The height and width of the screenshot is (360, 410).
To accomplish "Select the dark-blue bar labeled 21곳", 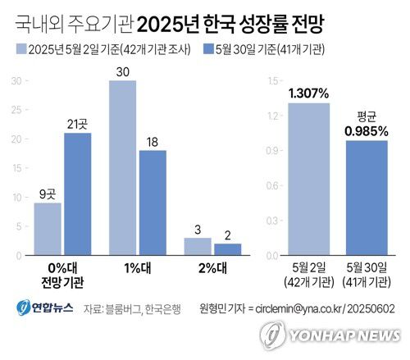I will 78,193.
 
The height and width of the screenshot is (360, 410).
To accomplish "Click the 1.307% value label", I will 307,92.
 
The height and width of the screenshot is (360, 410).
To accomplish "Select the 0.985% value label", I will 367,130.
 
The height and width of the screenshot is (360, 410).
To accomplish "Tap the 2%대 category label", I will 212,267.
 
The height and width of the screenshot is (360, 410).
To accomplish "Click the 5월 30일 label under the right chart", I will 366,267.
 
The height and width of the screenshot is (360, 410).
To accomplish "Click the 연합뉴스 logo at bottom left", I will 44,309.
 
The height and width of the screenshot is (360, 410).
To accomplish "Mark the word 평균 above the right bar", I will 367,115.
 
